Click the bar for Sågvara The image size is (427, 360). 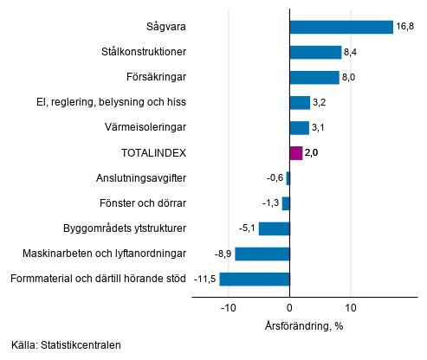(340, 27)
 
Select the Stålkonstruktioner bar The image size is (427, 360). (315, 52)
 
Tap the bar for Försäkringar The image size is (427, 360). (314, 77)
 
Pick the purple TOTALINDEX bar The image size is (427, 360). (295, 153)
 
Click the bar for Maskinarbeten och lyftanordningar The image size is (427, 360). (262, 254)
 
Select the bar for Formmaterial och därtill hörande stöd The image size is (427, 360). (255, 279)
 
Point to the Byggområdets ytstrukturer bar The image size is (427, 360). (274, 228)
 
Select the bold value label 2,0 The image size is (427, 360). (312, 153)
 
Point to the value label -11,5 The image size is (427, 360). (204, 279)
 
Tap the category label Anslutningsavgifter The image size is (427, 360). (140, 178)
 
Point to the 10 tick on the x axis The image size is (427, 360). (351, 307)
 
